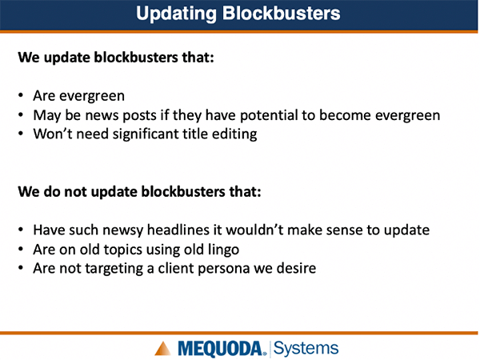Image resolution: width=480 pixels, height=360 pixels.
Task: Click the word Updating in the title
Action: point(176,14)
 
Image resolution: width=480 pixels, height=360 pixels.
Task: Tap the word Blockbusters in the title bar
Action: point(281,13)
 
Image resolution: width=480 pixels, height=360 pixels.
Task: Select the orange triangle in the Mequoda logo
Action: point(162,348)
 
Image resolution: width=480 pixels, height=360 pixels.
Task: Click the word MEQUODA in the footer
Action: point(220,349)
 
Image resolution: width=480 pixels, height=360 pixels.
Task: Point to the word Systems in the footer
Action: point(306,348)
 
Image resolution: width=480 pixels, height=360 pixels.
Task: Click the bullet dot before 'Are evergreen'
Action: point(21,95)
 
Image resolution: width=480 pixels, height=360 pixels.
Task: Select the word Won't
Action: point(53,134)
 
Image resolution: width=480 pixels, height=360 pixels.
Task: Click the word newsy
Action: point(122,230)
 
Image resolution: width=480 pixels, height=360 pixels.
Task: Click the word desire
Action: point(296,268)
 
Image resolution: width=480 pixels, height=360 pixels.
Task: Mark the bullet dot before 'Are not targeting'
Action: point(21,268)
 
